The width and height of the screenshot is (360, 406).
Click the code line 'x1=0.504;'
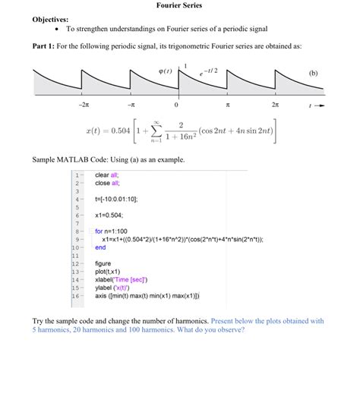(111, 216)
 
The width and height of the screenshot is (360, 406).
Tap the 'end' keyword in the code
(100, 247)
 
